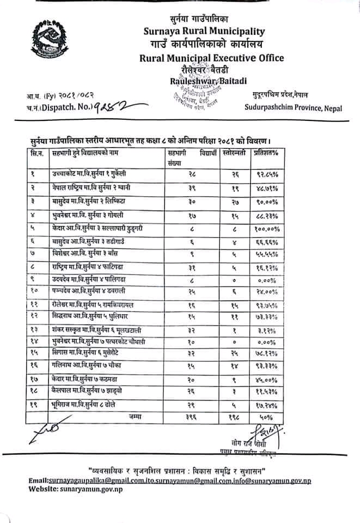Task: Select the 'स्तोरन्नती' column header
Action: point(235,155)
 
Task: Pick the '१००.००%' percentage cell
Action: point(266,228)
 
